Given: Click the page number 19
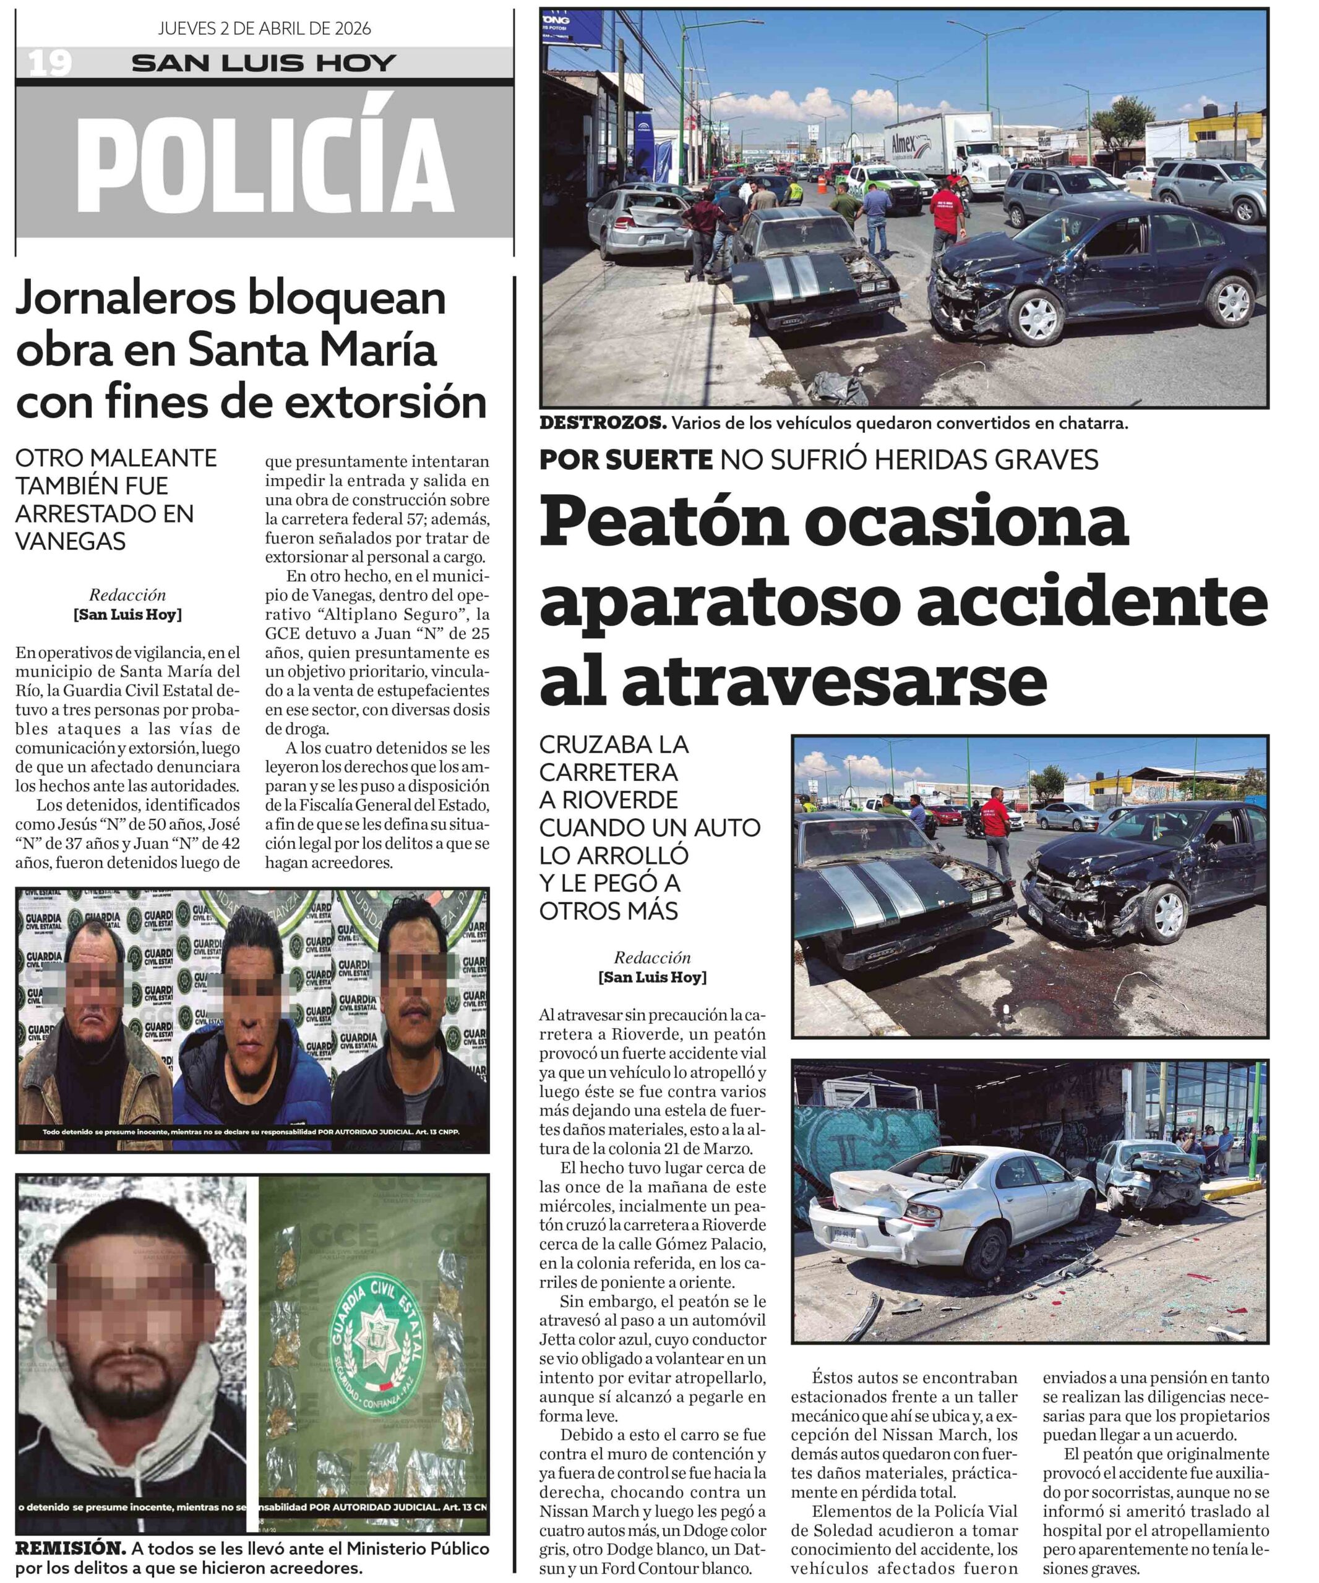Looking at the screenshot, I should click(49, 63).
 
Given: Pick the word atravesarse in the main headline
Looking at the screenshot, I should click(793, 681).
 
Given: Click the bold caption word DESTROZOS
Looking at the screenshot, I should click(603, 424).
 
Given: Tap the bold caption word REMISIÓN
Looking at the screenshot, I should click(70, 1549).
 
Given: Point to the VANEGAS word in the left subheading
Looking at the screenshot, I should click(71, 541).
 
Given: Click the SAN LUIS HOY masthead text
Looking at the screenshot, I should click(264, 63).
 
